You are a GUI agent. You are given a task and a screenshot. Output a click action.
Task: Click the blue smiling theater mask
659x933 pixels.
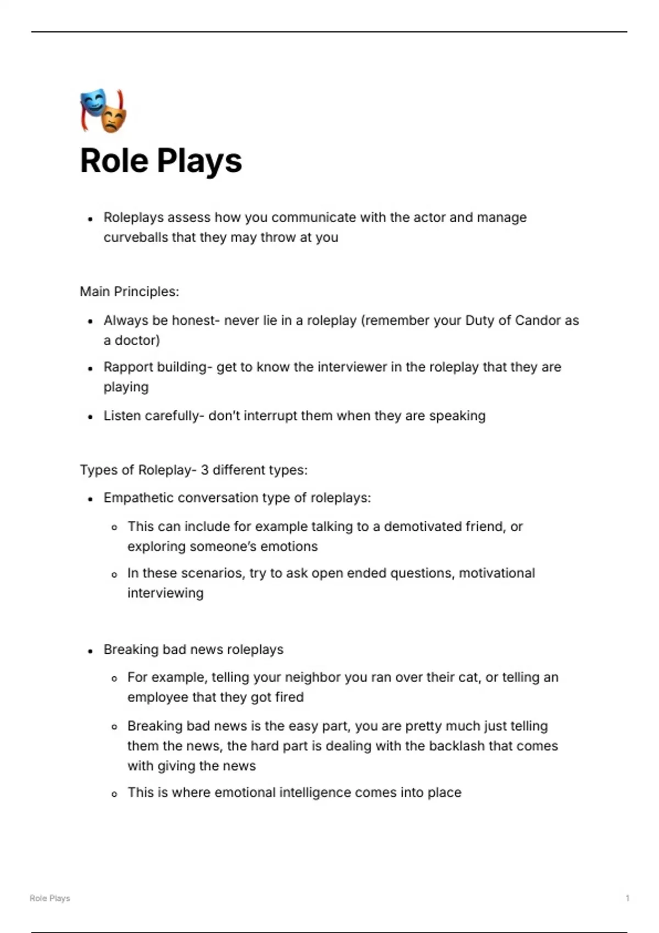pos(93,103)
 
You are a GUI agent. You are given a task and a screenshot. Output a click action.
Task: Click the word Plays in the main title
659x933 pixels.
pos(199,161)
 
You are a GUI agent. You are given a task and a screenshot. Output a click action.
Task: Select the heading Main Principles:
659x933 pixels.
pos(129,291)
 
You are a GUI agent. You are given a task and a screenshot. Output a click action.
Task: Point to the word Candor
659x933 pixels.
pos(537,321)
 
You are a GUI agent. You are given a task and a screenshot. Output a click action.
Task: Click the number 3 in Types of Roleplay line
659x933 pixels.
pos(204,470)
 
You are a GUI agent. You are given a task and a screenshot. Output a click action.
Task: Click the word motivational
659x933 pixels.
pos(496,574)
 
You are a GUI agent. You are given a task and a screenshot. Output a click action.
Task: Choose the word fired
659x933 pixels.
pos(289,698)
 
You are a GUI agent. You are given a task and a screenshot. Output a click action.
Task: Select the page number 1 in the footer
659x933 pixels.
pos(627,898)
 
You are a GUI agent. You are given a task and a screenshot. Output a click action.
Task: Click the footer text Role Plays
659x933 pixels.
pos(50,898)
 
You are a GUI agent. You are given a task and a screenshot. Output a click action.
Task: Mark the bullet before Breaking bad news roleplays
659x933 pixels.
pos(91,651)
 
